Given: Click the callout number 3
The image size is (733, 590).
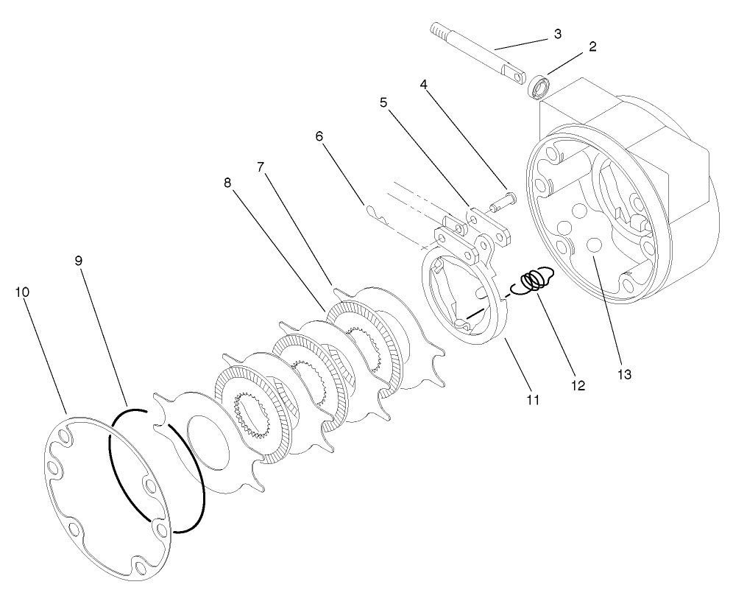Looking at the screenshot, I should coord(557,35).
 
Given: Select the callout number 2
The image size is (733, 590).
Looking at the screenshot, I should coord(592,46).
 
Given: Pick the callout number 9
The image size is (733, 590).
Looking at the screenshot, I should coord(79,261).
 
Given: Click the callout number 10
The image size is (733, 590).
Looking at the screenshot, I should coord(22,292).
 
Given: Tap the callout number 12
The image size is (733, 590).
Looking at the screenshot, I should coord(577,384).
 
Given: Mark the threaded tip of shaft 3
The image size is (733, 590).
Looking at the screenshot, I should coord(437,30).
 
